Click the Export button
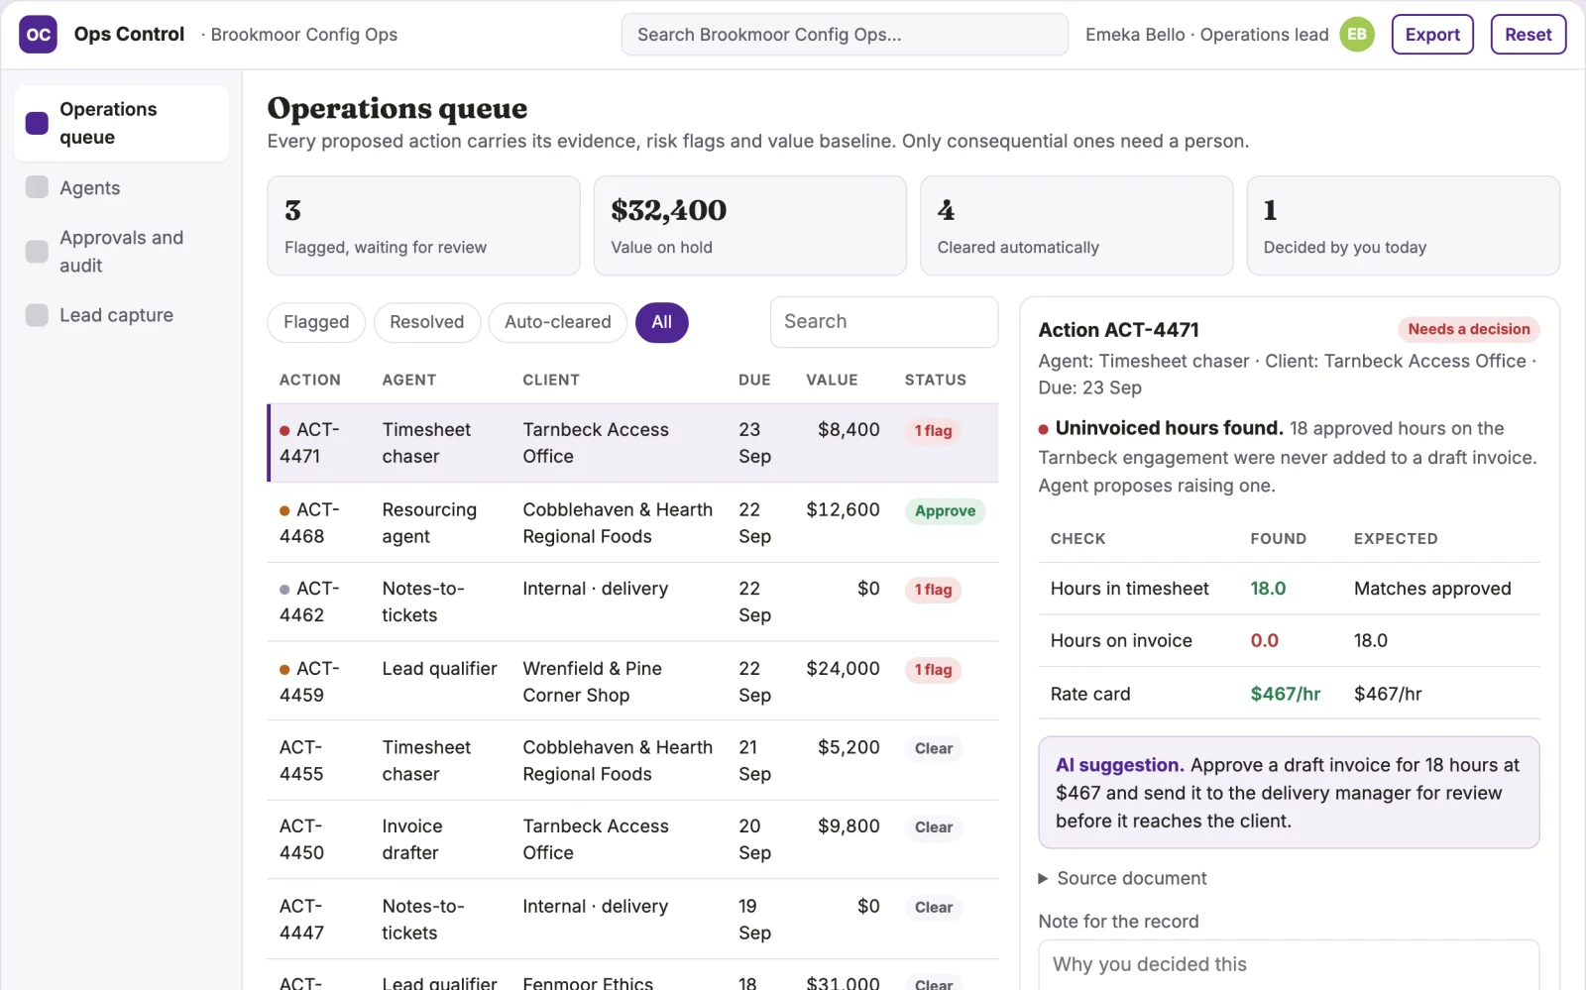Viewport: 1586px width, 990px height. point(1431,34)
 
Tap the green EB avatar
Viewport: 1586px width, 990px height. point(1357,34)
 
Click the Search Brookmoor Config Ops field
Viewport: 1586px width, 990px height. point(844,34)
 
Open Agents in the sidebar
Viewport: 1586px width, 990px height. point(90,187)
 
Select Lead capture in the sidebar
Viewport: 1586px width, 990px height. point(116,315)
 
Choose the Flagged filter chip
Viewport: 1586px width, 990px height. point(316,322)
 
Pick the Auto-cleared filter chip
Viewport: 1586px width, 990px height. point(557,322)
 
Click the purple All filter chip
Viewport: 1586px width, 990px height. point(661,322)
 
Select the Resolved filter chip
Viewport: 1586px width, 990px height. point(427,322)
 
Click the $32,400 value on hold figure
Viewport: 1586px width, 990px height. point(668,210)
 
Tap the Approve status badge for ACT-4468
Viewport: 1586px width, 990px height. point(945,510)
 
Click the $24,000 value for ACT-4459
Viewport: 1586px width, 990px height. point(843,668)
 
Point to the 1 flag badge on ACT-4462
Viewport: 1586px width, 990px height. point(933,590)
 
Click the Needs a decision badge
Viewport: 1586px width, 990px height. point(1468,329)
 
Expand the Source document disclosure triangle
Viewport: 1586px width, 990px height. point(1043,878)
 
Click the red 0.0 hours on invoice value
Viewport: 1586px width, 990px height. point(1264,640)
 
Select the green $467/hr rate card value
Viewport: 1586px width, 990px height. point(1285,694)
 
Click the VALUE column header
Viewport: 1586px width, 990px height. point(832,380)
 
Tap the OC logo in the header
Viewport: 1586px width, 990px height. point(38,34)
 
